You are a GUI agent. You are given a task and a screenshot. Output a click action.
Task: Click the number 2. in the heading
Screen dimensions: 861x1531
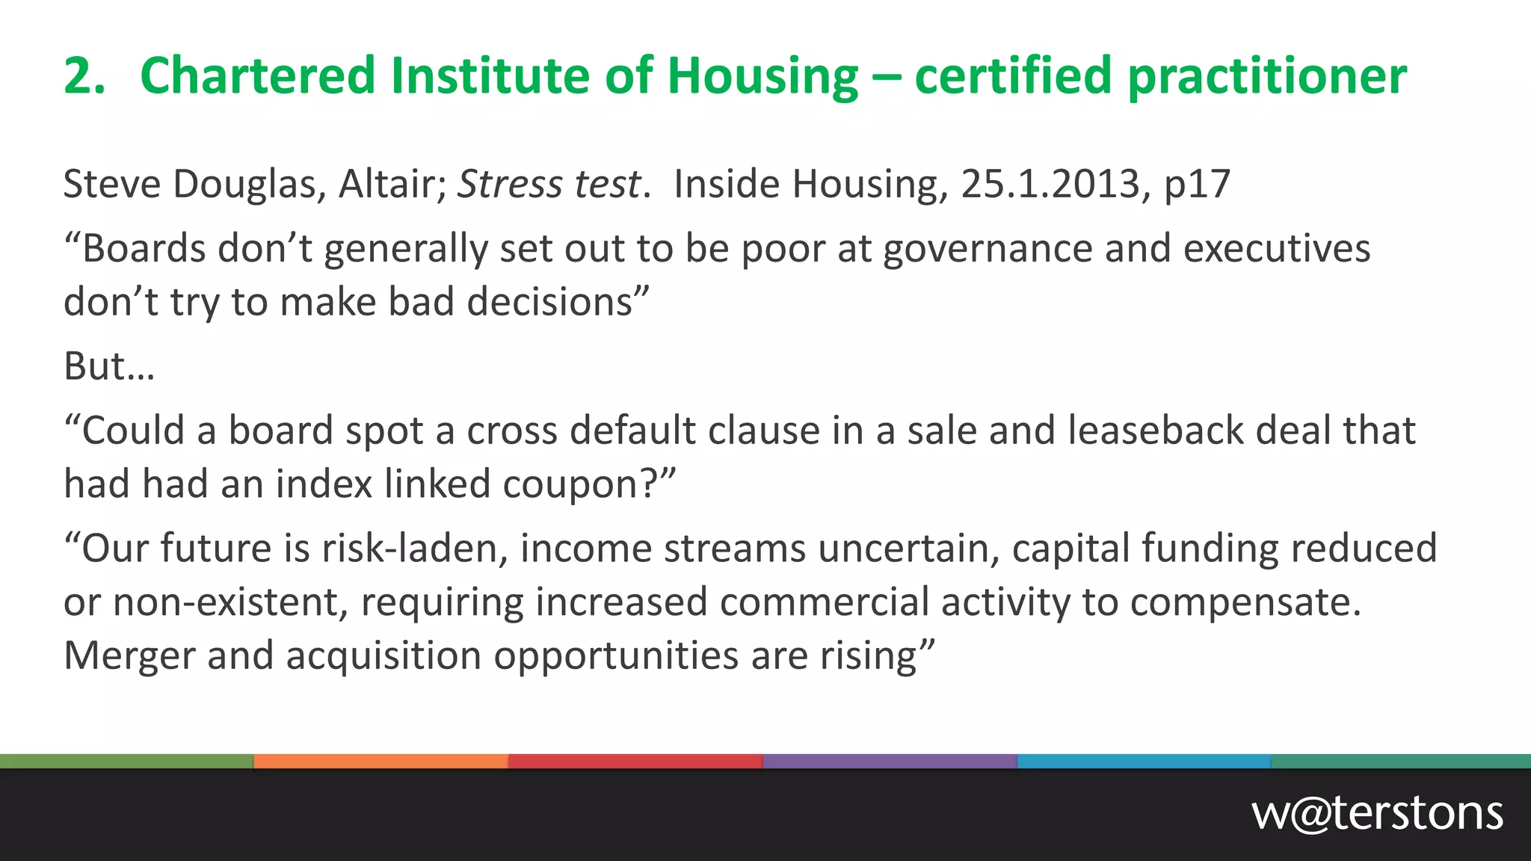pos(84,76)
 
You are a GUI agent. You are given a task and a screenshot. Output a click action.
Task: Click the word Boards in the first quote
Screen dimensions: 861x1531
pos(143,249)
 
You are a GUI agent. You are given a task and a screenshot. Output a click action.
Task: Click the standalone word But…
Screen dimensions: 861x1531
pos(109,367)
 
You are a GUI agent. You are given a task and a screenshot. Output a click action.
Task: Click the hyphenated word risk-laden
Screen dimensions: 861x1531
pos(415,549)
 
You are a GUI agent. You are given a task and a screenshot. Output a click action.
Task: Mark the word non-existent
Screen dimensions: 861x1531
pos(230,602)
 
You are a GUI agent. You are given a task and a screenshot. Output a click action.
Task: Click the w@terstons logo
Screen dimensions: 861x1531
pos(1377,813)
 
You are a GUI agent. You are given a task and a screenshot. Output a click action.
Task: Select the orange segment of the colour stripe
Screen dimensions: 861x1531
pos(381,762)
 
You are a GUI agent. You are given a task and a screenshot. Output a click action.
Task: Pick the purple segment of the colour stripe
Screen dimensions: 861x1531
pos(890,762)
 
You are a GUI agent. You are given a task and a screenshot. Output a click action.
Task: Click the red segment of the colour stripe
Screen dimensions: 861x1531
pos(635,762)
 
